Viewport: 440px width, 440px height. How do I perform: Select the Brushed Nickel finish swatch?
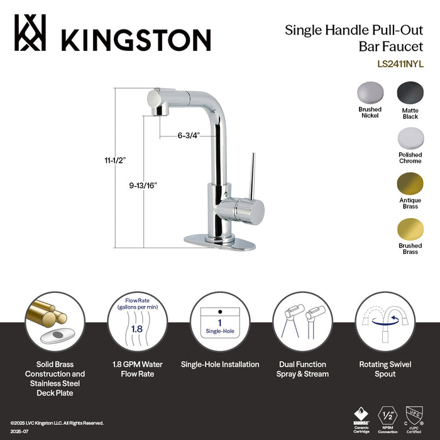coord(370,94)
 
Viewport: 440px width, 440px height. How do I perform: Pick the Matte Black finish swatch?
coord(409,94)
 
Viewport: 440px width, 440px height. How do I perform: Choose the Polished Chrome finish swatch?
coord(409,138)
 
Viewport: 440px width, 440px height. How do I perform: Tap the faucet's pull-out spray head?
coord(158,101)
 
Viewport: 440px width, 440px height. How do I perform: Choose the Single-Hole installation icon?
coord(220,322)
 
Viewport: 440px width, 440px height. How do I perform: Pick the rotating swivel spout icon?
coord(385,322)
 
